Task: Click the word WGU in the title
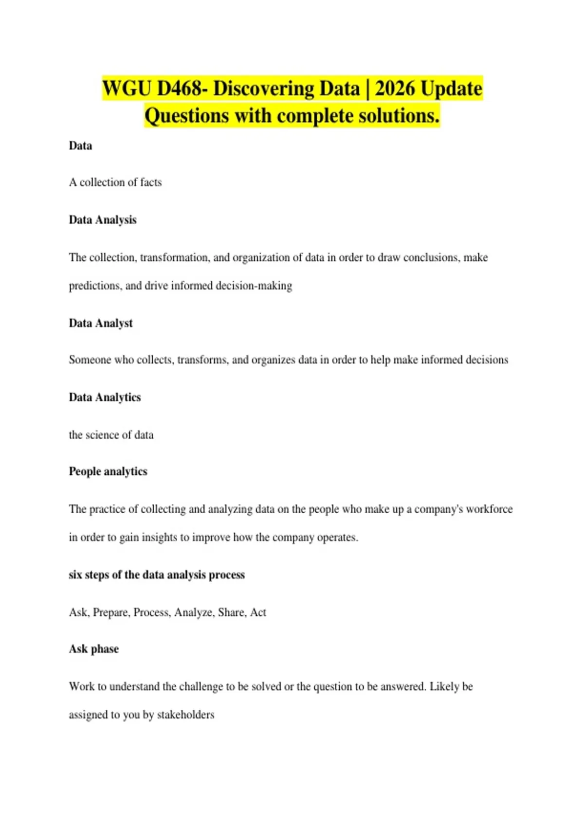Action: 127,89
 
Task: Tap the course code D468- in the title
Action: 182,89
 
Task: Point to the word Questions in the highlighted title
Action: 186,116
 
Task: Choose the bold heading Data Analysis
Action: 103,220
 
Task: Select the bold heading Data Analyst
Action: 101,323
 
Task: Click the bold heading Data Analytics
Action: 105,397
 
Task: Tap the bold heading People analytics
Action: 108,471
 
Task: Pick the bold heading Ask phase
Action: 94,649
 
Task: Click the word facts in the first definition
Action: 151,182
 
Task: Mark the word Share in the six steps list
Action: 231,612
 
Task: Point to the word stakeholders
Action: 185,715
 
